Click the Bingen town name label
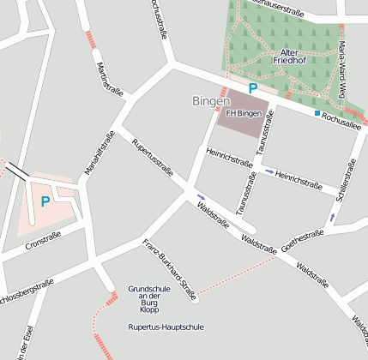211,101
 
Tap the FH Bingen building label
242,113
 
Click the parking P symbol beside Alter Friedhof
252,87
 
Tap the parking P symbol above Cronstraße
45,202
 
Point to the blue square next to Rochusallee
317,113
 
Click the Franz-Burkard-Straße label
171,267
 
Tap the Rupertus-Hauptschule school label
166,327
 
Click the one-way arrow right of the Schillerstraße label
334,218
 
